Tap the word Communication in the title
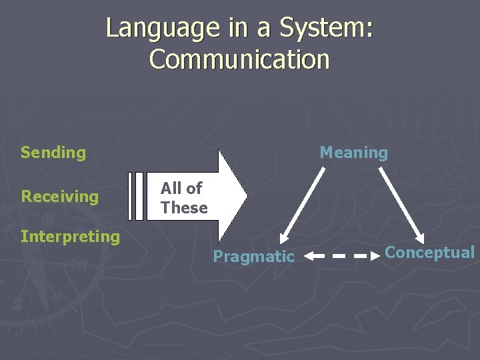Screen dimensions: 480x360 (240, 59)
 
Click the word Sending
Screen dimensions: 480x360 (53, 153)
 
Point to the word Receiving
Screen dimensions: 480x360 (59, 197)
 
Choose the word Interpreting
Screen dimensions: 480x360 (70, 237)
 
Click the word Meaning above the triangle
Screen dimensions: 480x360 (353, 153)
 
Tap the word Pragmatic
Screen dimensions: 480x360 (253, 257)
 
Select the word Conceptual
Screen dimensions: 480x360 (430, 253)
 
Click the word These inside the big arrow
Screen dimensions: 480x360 (184, 208)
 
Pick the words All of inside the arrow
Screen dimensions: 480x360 (181, 189)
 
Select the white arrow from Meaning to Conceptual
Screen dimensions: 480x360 (402, 204)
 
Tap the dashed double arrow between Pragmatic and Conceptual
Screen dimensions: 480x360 (343, 255)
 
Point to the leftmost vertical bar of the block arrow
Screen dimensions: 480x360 (131, 196)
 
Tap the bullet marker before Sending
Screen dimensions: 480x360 (9, 153)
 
